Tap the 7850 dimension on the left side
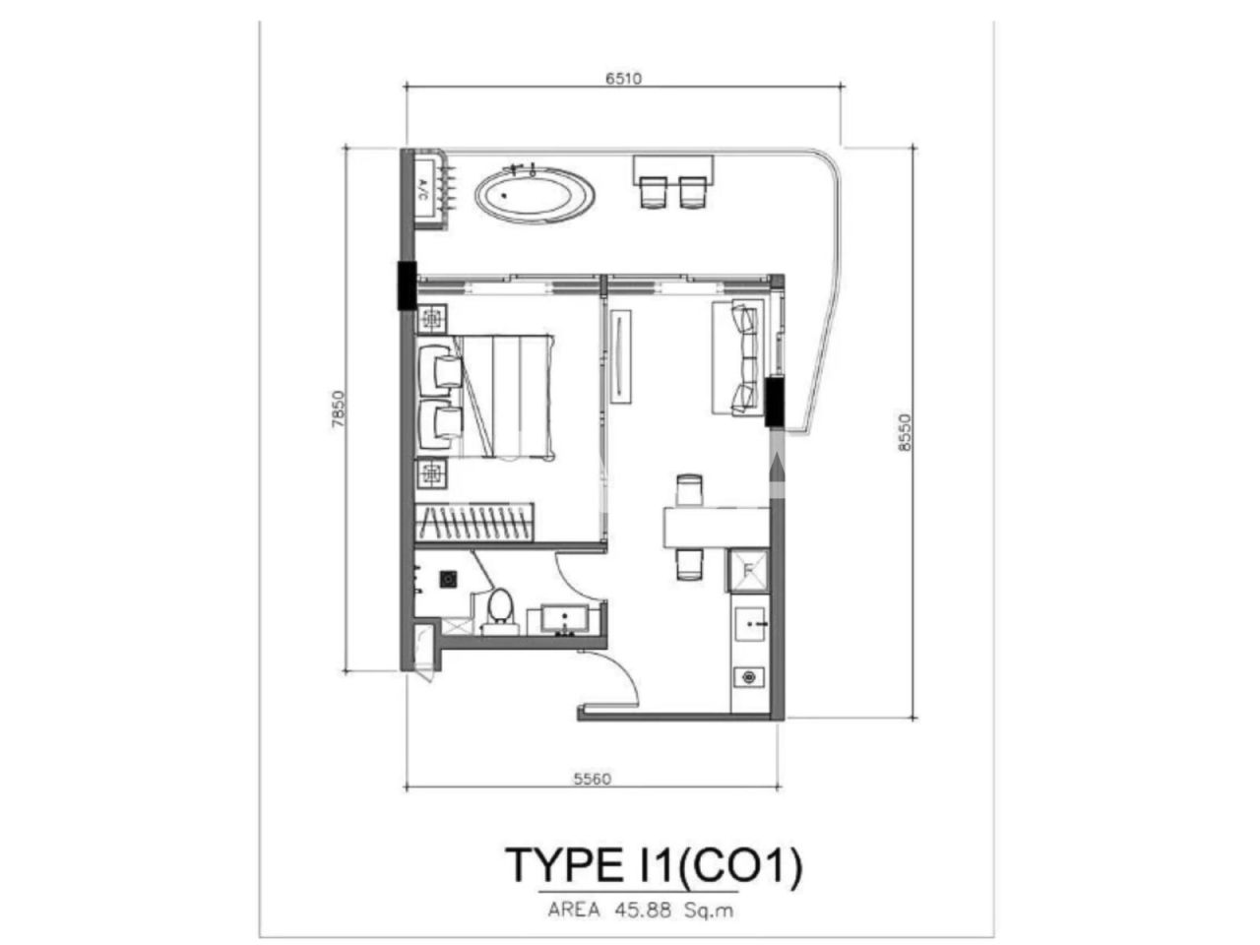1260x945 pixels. coord(338,408)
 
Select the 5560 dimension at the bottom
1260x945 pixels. coord(593,779)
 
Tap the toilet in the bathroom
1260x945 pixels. coord(499,609)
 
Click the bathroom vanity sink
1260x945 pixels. coord(565,620)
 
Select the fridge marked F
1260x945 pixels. coord(748,570)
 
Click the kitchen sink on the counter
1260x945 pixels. coord(752,624)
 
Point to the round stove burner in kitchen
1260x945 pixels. coord(750,677)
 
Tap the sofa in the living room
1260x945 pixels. coord(737,357)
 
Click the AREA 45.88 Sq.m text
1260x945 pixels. coord(641,911)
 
